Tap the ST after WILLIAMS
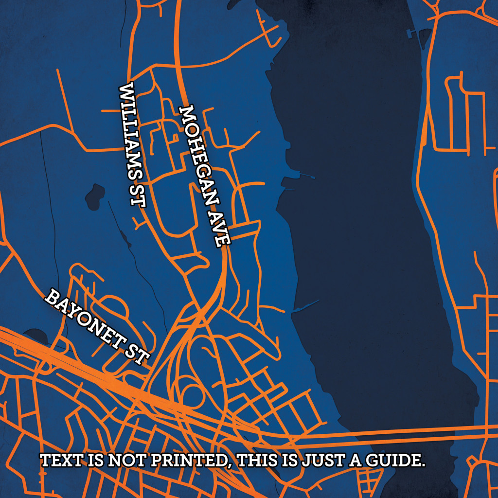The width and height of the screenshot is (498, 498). tap(138, 196)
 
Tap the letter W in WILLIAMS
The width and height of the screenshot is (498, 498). tap(127, 91)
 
